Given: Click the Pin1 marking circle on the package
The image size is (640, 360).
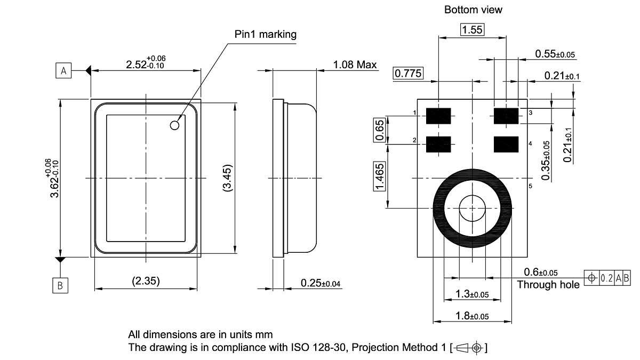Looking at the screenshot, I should click(x=174, y=125).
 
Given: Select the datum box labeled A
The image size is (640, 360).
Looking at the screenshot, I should click(x=63, y=70).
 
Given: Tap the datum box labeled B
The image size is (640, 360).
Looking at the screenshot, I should click(x=60, y=286).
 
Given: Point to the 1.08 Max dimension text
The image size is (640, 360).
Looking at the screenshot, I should click(x=355, y=65).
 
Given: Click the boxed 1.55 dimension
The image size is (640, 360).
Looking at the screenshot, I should click(x=472, y=30).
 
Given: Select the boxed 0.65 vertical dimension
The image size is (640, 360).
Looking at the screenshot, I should click(x=380, y=130).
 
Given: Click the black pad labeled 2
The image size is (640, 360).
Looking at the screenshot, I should click(x=438, y=143).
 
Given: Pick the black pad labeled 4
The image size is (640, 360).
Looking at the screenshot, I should click(x=506, y=143).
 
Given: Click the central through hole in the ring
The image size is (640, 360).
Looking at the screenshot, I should click(x=472, y=207).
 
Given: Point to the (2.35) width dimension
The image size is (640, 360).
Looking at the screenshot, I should click(x=146, y=281).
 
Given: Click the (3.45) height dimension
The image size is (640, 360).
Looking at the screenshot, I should click(x=227, y=178).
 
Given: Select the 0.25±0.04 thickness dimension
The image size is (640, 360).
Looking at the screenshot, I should click(x=321, y=283).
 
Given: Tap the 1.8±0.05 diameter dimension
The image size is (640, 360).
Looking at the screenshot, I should click(x=472, y=316).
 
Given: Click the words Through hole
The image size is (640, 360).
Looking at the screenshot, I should click(x=548, y=285).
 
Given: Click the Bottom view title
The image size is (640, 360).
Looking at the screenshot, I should click(x=473, y=10).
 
